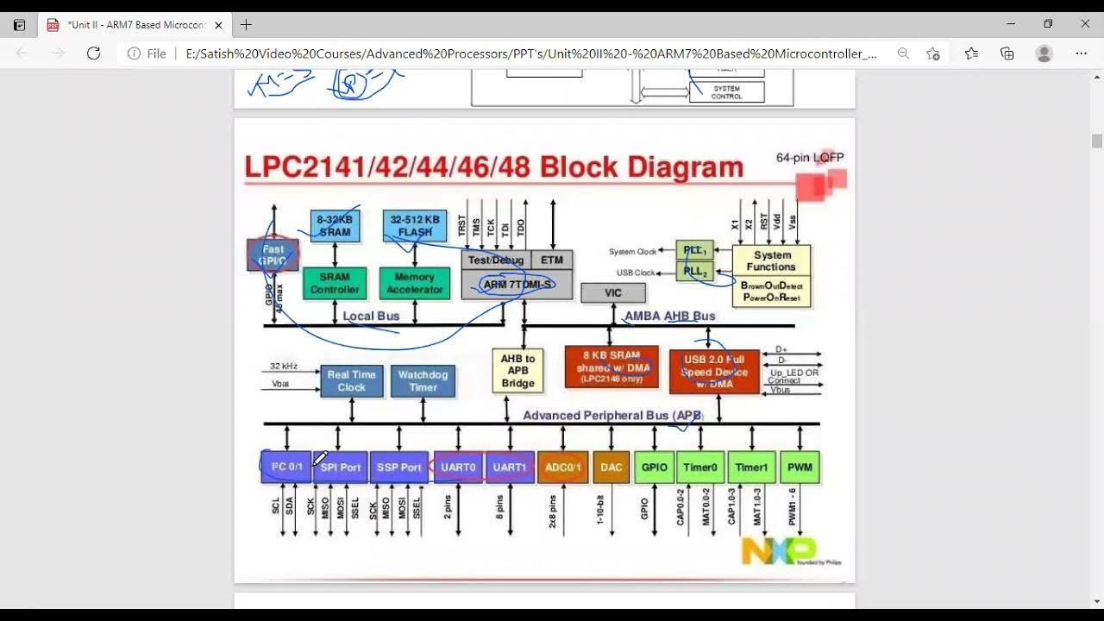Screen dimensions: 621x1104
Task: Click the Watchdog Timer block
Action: [x=423, y=380]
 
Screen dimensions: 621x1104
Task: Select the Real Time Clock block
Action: [x=351, y=380]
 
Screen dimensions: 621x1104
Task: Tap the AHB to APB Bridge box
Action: [x=517, y=371]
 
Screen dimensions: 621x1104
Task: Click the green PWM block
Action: [x=800, y=467]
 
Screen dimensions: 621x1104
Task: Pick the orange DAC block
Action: [x=611, y=467]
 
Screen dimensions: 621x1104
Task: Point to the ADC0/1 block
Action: [x=562, y=467]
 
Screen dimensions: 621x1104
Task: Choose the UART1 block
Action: [x=510, y=467]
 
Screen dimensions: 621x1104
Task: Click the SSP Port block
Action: [x=398, y=467]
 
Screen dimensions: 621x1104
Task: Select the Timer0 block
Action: [x=699, y=467]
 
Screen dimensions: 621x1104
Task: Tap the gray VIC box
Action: [x=612, y=292]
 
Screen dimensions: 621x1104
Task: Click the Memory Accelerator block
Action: [x=414, y=283]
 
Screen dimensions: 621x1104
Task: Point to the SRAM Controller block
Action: [x=335, y=283]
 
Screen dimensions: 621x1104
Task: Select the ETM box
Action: [x=552, y=260]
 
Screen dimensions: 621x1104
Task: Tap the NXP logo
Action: [x=778, y=550]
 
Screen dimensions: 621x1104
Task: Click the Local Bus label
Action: [x=371, y=316]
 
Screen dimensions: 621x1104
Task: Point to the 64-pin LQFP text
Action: [x=809, y=158]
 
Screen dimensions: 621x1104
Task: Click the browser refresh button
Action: [x=93, y=53]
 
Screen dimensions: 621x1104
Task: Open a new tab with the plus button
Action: [x=246, y=25]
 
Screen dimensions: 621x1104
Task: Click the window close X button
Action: [x=1085, y=24]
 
